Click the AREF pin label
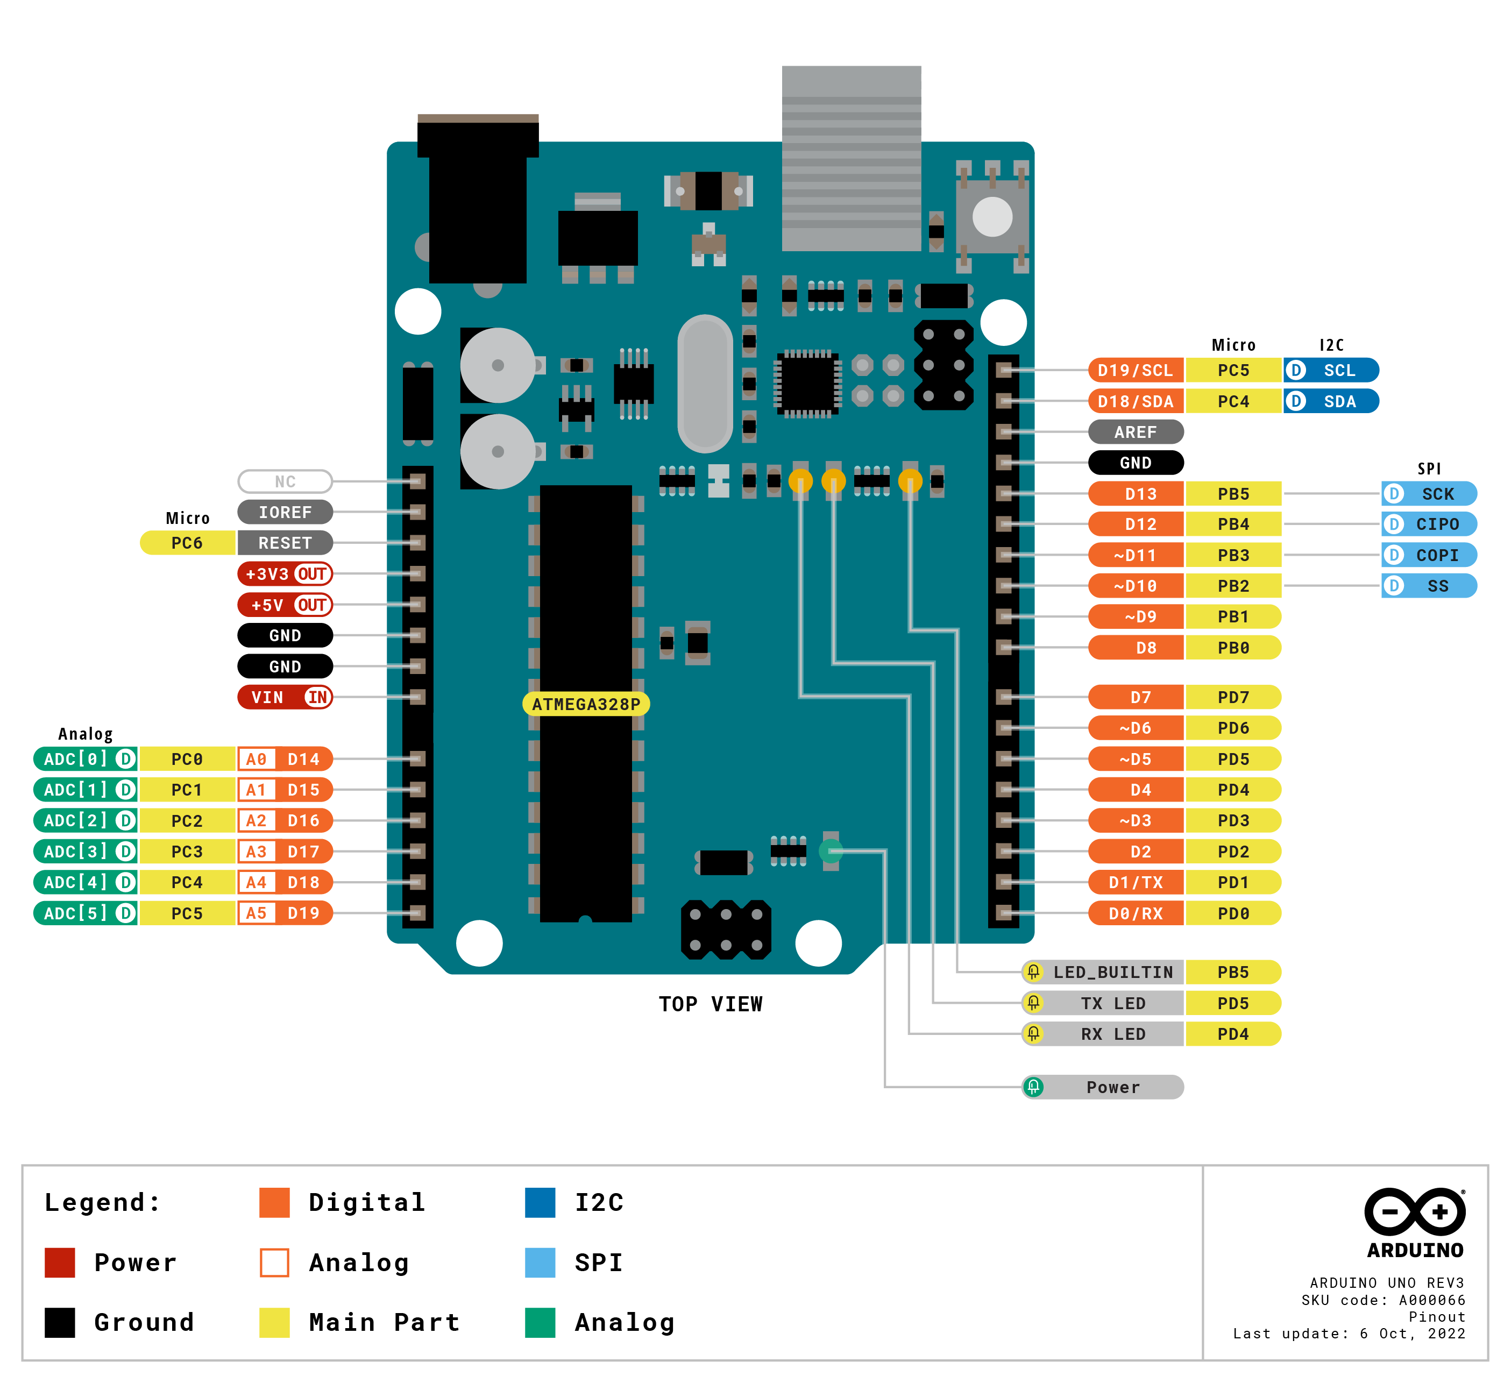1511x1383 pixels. click(x=1135, y=432)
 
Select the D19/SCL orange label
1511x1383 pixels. click(x=1135, y=370)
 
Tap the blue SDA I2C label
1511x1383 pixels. click(x=1331, y=401)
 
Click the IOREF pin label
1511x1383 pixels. click(x=285, y=512)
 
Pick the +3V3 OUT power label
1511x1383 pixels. click(x=285, y=574)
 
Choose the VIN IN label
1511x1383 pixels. click(x=285, y=697)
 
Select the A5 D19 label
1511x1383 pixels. click(x=285, y=913)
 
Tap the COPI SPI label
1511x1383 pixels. click(x=1429, y=555)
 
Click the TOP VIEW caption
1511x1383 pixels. click(x=711, y=1004)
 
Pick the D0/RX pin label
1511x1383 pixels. click(x=1135, y=913)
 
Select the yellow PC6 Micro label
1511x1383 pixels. click(x=187, y=543)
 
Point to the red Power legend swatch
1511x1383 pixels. click(x=60, y=1263)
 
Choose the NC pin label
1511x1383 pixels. click(x=285, y=481)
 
